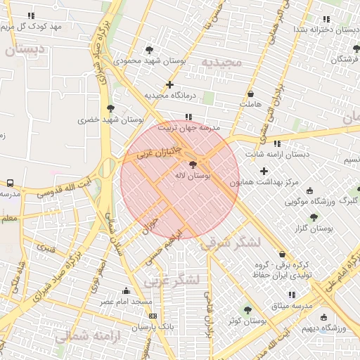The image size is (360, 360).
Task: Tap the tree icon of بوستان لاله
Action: point(193,164)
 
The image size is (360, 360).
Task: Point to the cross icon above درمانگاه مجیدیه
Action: point(169,84)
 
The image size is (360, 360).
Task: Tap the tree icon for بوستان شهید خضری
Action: point(110,108)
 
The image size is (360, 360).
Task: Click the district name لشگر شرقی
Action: point(231,243)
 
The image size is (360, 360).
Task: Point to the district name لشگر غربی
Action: point(172,280)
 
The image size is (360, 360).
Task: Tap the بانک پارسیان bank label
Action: point(152,327)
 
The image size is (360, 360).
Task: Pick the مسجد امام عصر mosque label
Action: point(126,302)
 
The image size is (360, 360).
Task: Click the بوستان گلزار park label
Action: point(313,229)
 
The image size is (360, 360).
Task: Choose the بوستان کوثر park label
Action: point(246,321)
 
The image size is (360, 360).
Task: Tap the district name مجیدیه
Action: point(221,63)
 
